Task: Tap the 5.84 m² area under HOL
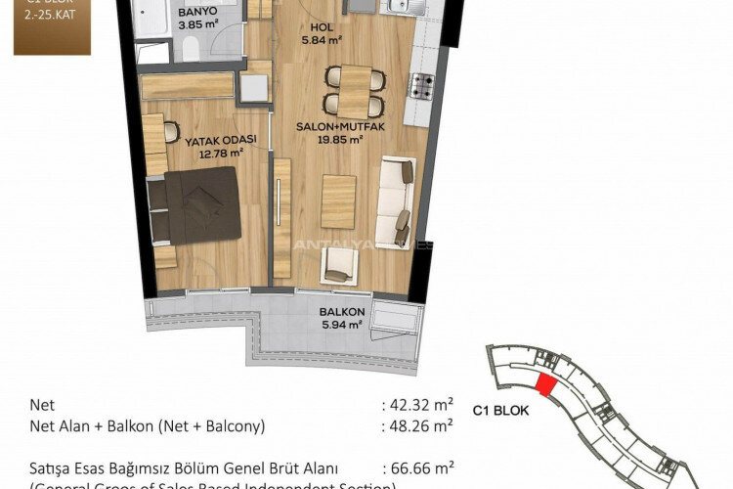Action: tap(321, 40)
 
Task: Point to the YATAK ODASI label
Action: tap(220, 140)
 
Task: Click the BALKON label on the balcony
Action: tap(341, 313)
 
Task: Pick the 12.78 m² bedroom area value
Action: tap(221, 152)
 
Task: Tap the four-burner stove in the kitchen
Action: tap(421, 86)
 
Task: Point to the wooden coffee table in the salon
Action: tap(338, 200)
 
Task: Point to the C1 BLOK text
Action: tap(500, 411)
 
